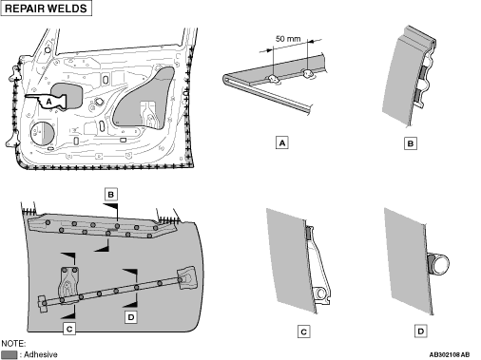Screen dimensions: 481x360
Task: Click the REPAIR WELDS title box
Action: point(47,9)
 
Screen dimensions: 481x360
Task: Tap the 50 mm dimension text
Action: point(288,39)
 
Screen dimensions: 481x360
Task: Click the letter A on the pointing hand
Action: point(48,102)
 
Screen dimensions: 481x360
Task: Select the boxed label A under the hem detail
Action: point(282,142)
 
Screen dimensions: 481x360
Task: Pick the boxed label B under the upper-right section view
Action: point(411,143)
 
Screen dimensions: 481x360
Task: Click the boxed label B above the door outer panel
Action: point(111,194)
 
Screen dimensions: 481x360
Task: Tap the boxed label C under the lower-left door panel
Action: point(69,329)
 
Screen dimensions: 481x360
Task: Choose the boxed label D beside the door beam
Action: point(131,317)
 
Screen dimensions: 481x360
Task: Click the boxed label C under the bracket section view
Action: point(303,332)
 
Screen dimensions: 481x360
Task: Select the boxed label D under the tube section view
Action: point(420,332)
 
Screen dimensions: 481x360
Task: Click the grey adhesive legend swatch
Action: point(10,354)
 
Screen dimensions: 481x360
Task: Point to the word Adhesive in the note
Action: point(41,354)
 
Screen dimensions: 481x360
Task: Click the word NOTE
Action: point(13,344)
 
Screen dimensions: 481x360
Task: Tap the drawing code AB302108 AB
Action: point(450,354)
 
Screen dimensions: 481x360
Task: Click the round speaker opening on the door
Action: point(43,133)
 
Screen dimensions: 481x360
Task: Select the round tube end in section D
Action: point(440,264)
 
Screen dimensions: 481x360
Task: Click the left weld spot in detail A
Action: point(273,79)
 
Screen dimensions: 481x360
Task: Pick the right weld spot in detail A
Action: point(308,74)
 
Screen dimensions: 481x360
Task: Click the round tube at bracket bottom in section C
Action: point(320,294)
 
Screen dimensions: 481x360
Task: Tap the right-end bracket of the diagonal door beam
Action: point(186,278)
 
